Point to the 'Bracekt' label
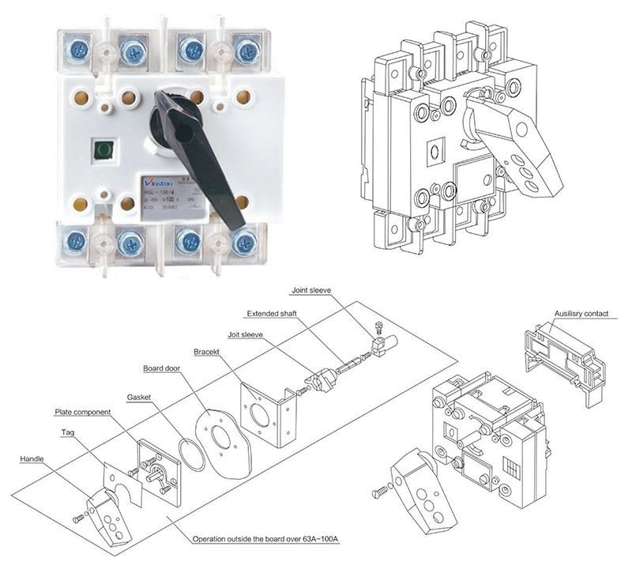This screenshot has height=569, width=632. [x=208, y=351]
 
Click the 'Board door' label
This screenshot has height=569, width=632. [x=164, y=368]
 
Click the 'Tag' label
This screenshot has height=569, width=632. [x=69, y=432]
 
